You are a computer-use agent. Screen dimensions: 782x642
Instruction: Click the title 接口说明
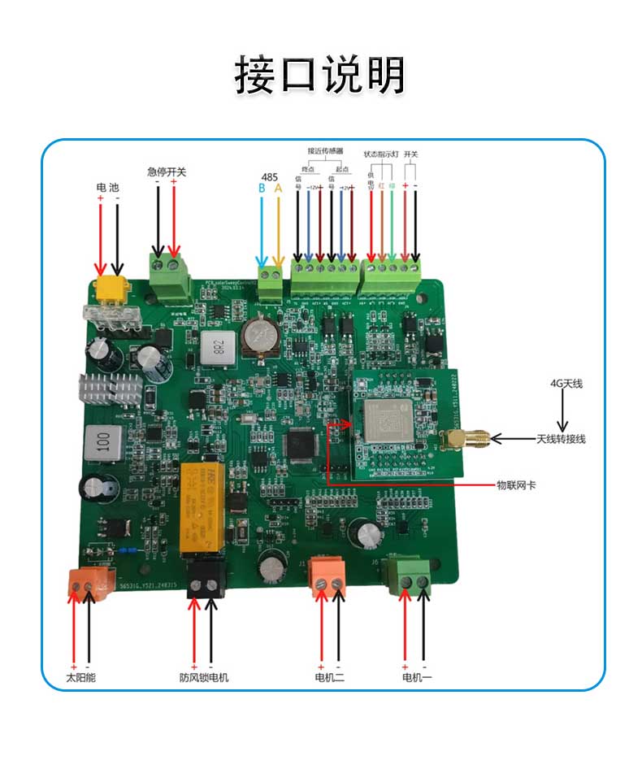pos(320,75)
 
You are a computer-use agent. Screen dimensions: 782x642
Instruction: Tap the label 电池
pos(108,188)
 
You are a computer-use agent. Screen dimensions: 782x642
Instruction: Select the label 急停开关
pos(167,172)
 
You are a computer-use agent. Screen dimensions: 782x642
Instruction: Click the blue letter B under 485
pos(262,189)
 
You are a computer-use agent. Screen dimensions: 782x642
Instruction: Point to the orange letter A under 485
pos(279,189)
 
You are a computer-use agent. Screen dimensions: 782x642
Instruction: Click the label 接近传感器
pos(325,151)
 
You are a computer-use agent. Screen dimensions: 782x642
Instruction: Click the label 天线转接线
pos(561,439)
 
